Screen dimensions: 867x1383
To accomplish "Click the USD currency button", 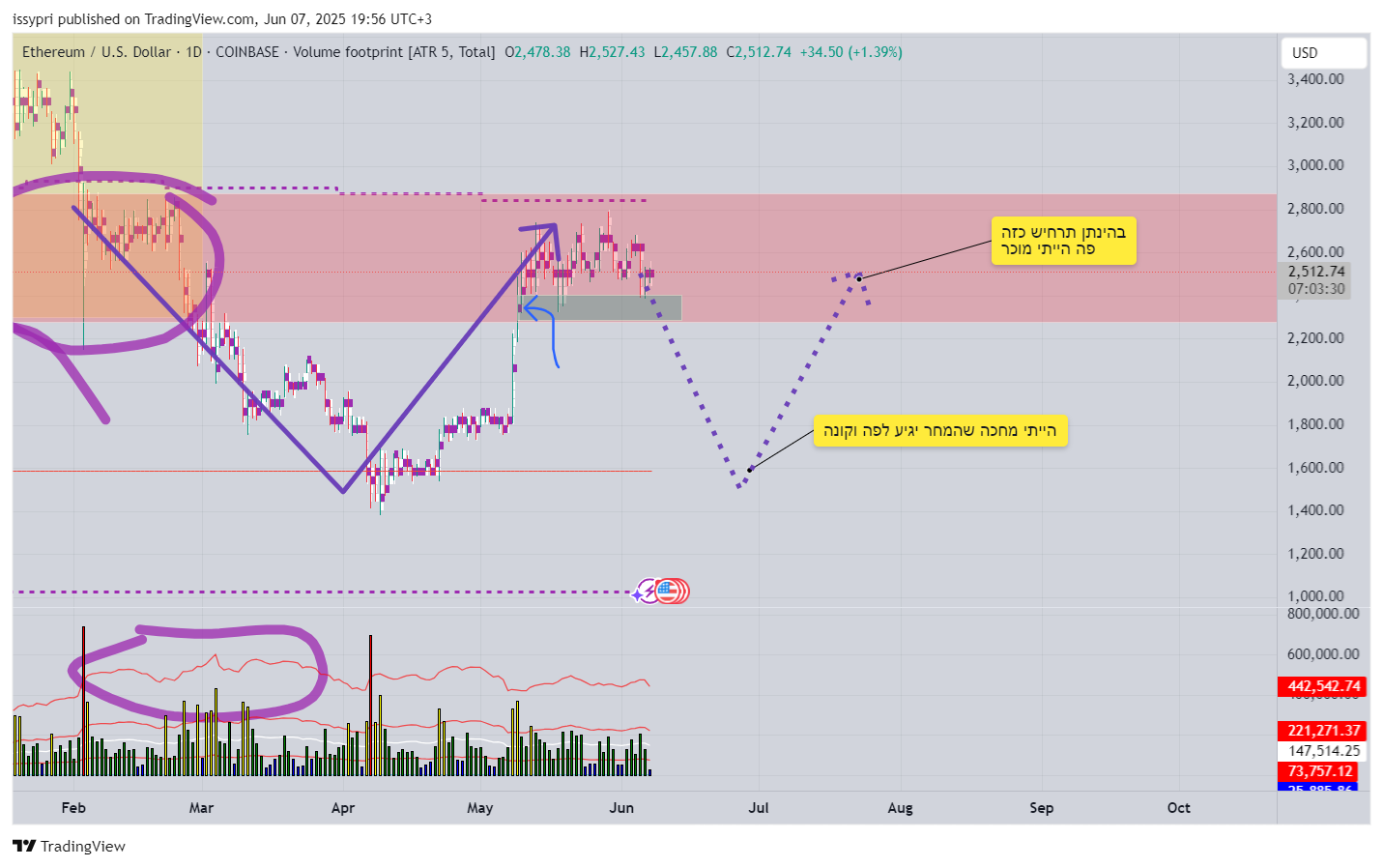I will [1322, 53].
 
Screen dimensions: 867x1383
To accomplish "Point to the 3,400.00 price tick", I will [1314, 79].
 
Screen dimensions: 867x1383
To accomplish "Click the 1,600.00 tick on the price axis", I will [1314, 468].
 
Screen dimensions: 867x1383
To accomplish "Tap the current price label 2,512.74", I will [1315, 272].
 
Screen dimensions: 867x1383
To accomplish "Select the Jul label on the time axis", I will [759, 808].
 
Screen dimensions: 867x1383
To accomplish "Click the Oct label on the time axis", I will [1178, 808].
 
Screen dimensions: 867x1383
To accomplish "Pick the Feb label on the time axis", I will [73, 808].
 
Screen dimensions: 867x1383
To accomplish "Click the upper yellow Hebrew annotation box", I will [1063, 241].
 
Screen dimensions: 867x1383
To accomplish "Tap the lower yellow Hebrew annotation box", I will [939, 431].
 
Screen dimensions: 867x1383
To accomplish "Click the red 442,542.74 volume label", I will [1323, 686].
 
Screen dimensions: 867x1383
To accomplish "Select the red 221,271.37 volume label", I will [1323, 731].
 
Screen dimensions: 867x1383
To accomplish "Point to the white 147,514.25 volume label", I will [1323, 751].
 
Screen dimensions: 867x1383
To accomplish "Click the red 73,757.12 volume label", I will [1318, 771].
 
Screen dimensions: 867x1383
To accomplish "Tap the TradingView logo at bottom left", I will [70, 847].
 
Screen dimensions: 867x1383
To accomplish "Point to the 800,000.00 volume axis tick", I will [1322, 614].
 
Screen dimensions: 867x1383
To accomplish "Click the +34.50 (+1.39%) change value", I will [850, 52].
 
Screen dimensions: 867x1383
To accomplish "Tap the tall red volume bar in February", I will [83, 696].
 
